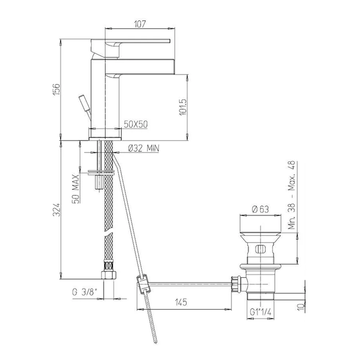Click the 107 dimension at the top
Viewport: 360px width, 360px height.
pyautogui.click(x=140, y=24)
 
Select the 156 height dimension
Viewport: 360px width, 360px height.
pyautogui.click(x=56, y=89)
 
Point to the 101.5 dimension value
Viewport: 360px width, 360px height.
pyautogui.click(x=183, y=107)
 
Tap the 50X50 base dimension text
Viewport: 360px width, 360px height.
pyautogui.click(x=136, y=124)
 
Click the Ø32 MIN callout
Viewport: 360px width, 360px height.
pyautogui.click(x=143, y=148)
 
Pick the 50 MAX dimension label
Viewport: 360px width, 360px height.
pyautogui.click(x=76, y=189)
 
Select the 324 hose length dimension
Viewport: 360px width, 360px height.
pyautogui.click(x=56, y=209)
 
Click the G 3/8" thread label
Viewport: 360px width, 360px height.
pyautogui.click(x=84, y=292)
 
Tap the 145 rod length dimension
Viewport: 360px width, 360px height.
pyautogui.click(x=181, y=302)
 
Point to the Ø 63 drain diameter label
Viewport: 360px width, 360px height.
pyautogui.click(x=260, y=209)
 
